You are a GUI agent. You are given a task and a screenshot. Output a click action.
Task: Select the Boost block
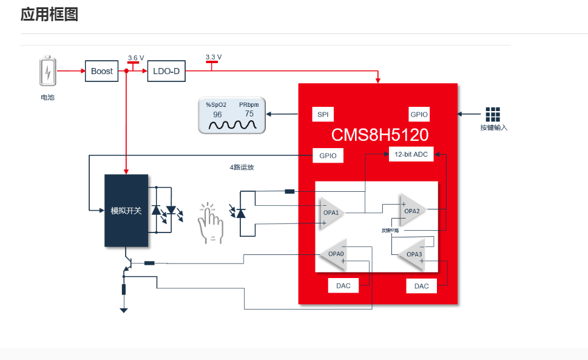click(x=102, y=71)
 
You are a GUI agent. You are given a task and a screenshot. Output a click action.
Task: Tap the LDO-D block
click(x=166, y=71)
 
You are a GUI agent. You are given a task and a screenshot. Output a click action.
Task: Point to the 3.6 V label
click(x=136, y=58)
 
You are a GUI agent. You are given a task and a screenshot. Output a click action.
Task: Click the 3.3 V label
click(x=214, y=57)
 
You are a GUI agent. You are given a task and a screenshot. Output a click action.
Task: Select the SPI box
click(x=322, y=114)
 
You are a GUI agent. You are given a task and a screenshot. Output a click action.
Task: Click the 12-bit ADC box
click(x=411, y=154)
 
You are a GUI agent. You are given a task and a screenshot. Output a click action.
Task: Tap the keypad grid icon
click(x=493, y=114)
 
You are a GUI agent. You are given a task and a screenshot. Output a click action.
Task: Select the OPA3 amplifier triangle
click(x=413, y=254)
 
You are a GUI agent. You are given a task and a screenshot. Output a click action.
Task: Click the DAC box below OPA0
click(x=343, y=285)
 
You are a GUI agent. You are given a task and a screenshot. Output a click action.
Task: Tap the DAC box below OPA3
click(x=421, y=285)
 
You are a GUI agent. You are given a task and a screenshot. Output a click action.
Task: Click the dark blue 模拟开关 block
click(x=126, y=211)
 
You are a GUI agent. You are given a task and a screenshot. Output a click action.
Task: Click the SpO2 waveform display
click(x=232, y=115)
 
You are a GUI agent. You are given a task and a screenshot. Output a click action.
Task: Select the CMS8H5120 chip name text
click(x=379, y=134)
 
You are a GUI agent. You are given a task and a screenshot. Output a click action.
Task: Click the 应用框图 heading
click(x=49, y=15)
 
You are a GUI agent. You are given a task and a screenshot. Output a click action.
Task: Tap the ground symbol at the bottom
click(x=124, y=310)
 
